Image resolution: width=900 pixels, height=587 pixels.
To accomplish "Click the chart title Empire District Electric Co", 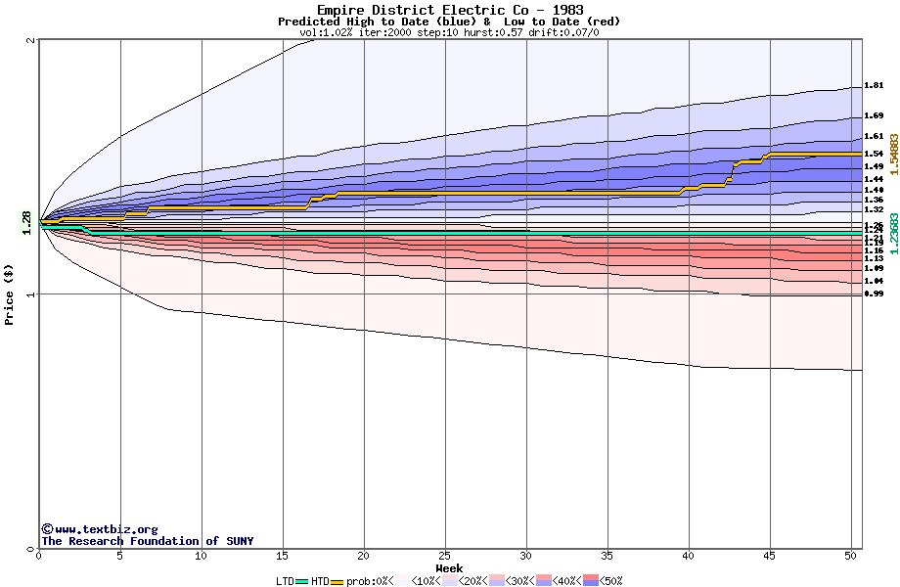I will click(x=449, y=10).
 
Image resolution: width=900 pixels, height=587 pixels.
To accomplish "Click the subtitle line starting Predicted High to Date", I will click(x=449, y=22).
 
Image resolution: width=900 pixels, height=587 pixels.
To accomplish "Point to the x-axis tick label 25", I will click(x=445, y=556).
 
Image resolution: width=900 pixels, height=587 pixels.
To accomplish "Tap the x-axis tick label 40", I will click(x=689, y=556).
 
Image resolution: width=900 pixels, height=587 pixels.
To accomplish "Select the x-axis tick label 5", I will click(x=120, y=556).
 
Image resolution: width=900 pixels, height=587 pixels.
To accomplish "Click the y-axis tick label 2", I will click(x=31, y=40).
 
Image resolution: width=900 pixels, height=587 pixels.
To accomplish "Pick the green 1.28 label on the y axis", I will click(x=26, y=222).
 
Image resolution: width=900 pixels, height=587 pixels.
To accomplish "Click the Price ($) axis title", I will click(x=9, y=293).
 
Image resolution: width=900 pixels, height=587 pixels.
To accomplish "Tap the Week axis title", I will click(x=449, y=567).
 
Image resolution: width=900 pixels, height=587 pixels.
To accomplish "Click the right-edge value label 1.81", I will click(x=874, y=86).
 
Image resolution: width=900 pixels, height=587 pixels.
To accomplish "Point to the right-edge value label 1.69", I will click(x=874, y=115).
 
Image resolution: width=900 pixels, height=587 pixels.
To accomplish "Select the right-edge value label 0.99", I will click(x=874, y=293).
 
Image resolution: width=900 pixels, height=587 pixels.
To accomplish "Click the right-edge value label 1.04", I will click(x=874, y=281).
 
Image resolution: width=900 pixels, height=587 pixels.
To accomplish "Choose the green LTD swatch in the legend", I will click(x=301, y=581).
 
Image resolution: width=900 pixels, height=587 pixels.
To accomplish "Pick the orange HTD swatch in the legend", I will click(x=337, y=581).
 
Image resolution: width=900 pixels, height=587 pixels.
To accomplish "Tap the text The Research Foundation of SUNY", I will click(x=147, y=541).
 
